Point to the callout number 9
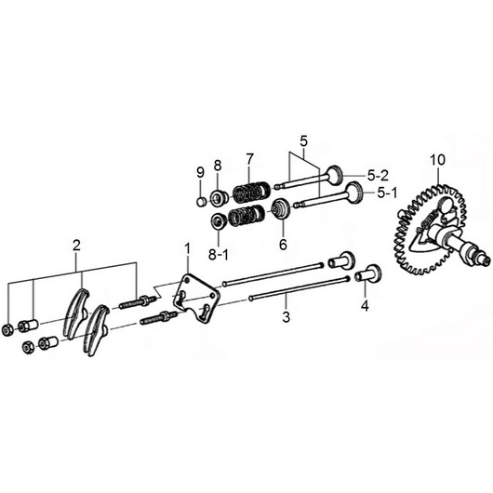[199, 172]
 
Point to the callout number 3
[286, 318]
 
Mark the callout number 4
[365, 304]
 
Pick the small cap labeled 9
[199, 199]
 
